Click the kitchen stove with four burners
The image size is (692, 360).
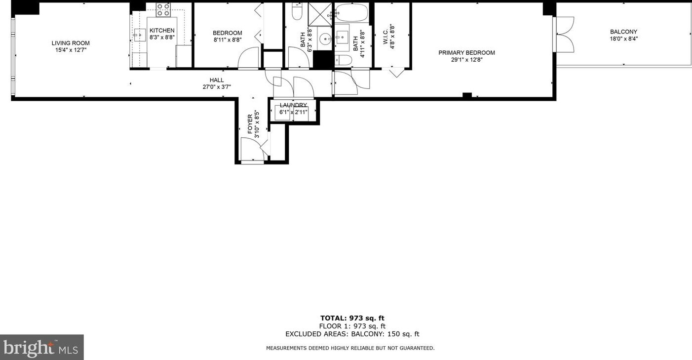(163, 10)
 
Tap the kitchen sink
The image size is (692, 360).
(140, 35)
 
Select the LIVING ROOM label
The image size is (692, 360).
(71, 43)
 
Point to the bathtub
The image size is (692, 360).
(351, 12)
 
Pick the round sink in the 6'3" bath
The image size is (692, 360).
(325, 39)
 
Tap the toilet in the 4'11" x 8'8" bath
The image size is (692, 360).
(344, 60)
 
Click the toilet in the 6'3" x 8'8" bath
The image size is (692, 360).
(297, 12)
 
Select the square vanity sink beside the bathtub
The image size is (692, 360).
(342, 37)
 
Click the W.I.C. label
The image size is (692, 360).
(386, 35)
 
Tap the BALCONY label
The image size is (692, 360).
(623, 32)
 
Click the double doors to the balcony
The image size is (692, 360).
(565, 35)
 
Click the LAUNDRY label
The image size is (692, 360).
(293, 105)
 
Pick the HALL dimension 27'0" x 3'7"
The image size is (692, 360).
(216, 87)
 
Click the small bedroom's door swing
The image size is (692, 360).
(248, 58)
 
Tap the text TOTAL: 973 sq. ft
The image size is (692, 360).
(352, 318)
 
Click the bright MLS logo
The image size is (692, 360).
(41, 348)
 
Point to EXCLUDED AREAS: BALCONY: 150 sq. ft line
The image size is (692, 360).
(352, 334)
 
